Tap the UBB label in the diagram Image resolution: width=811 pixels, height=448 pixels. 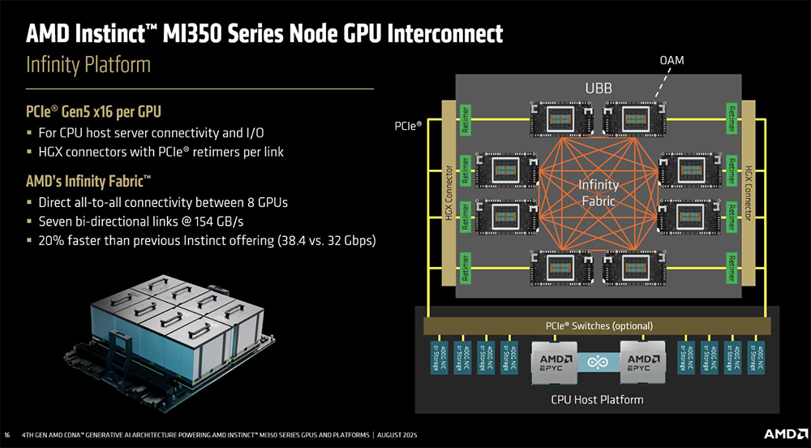click(x=599, y=88)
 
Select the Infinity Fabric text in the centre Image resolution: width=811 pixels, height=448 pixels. click(x=599, y=192)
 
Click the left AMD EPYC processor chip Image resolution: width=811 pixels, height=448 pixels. click(x=553, y=363)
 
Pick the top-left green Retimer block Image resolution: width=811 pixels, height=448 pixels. click(x=466, y=118)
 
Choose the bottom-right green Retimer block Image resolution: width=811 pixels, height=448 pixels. click(x=732, y=266)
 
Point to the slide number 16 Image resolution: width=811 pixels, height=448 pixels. click(x=8, y=433)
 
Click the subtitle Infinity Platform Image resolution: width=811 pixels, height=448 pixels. click(x=89, y=65)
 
